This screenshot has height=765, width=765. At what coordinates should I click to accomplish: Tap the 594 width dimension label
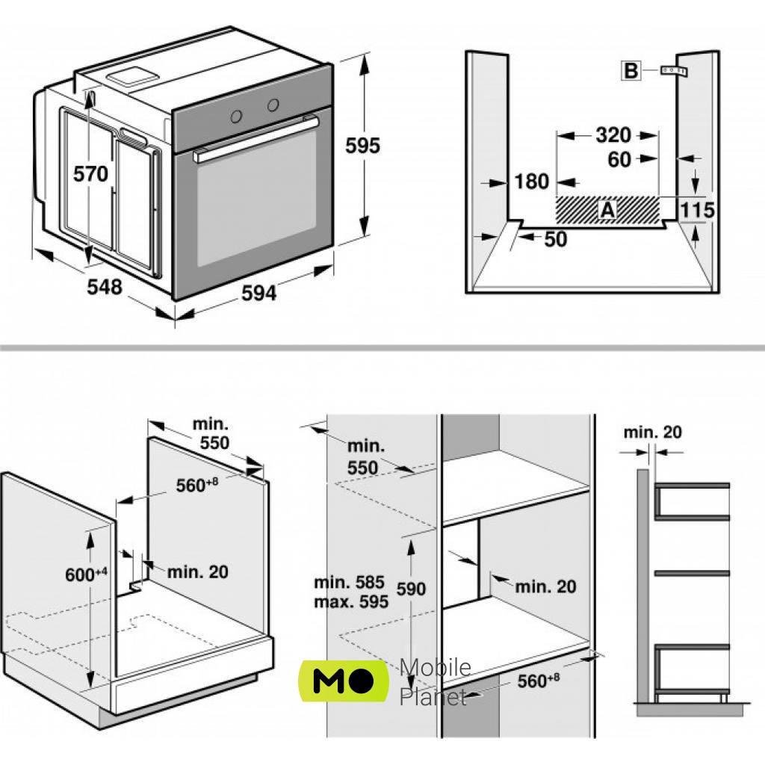258,293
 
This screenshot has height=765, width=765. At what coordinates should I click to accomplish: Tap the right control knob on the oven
273,104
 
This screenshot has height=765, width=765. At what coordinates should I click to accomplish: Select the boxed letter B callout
631,71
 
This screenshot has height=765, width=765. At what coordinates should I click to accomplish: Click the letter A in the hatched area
607,211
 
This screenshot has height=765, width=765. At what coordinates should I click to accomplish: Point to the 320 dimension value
613,135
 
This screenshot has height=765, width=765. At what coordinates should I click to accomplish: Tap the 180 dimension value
532,182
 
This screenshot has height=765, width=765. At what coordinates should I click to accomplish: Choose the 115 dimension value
698,210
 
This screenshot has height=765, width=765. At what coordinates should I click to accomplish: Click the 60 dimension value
619,159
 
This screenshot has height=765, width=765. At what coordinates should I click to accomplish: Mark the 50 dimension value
555,239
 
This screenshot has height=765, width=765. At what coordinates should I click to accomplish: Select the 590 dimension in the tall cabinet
410,589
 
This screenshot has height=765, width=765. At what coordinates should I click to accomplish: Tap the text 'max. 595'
350,601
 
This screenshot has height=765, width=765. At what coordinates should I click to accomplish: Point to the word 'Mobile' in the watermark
435,667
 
